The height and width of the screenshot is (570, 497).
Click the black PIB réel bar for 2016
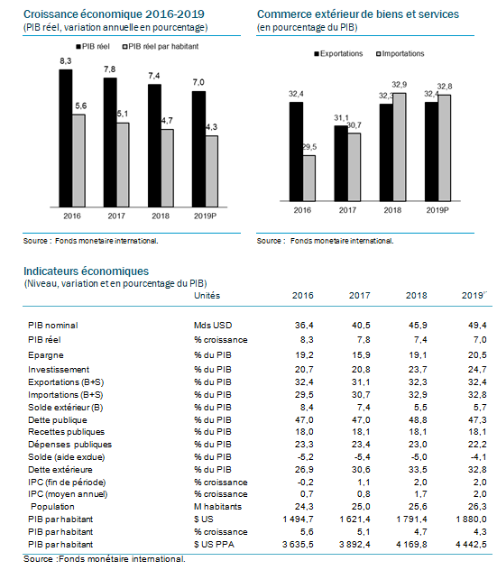(x=66, y=138)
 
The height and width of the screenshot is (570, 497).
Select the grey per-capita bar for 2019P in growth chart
(x=212, y=171)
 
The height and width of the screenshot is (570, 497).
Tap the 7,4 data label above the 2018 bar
(x=153, y=76)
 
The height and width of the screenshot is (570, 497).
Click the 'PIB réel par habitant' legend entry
(x=161, y=47)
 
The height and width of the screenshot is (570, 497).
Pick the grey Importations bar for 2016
(x=309, y=179)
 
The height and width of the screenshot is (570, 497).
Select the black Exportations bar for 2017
(x=341, y=163)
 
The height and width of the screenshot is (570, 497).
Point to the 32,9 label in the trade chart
(x=400, y=85)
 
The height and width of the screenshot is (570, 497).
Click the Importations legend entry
(x=400, y=54)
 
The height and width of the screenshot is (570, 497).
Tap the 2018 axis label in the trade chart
(x=392, y=210)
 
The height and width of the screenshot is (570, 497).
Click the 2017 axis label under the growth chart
(x=116, y=216)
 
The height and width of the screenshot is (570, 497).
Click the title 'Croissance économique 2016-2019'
(x=114, y=14)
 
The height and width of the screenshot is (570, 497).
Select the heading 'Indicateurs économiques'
(x=87, y=271)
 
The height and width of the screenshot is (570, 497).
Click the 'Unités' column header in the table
(x=207, y=296)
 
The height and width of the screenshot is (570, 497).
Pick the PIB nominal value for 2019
(x=477, y=326)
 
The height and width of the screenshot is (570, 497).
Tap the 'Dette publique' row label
(x=58, y=420)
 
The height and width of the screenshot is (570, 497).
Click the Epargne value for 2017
(x=361, y=355)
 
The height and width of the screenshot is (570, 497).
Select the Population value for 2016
(x=304, y=507)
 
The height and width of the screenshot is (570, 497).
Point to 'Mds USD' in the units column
(x=213, y=326)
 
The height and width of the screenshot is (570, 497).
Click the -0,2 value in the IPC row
(x=305, y=483)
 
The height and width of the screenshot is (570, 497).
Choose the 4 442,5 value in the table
(x=471, y=545)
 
